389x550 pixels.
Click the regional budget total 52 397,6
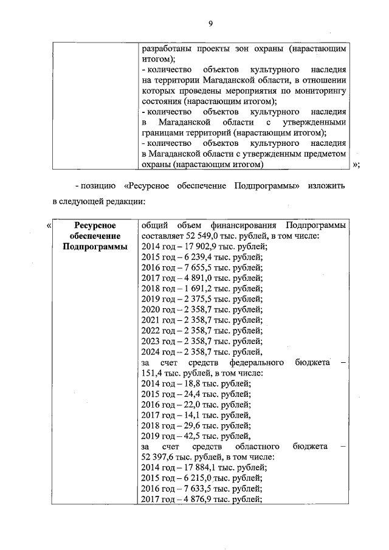click(159, 457)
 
